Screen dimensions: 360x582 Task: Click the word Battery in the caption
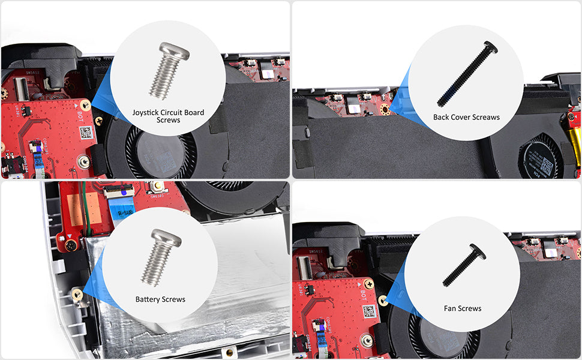[x=147, y=299]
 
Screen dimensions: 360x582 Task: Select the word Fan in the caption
[x=450, y=308]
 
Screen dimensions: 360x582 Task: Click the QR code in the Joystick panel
[x=86, y=133]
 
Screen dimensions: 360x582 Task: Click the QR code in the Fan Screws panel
[x=370, y=311]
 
